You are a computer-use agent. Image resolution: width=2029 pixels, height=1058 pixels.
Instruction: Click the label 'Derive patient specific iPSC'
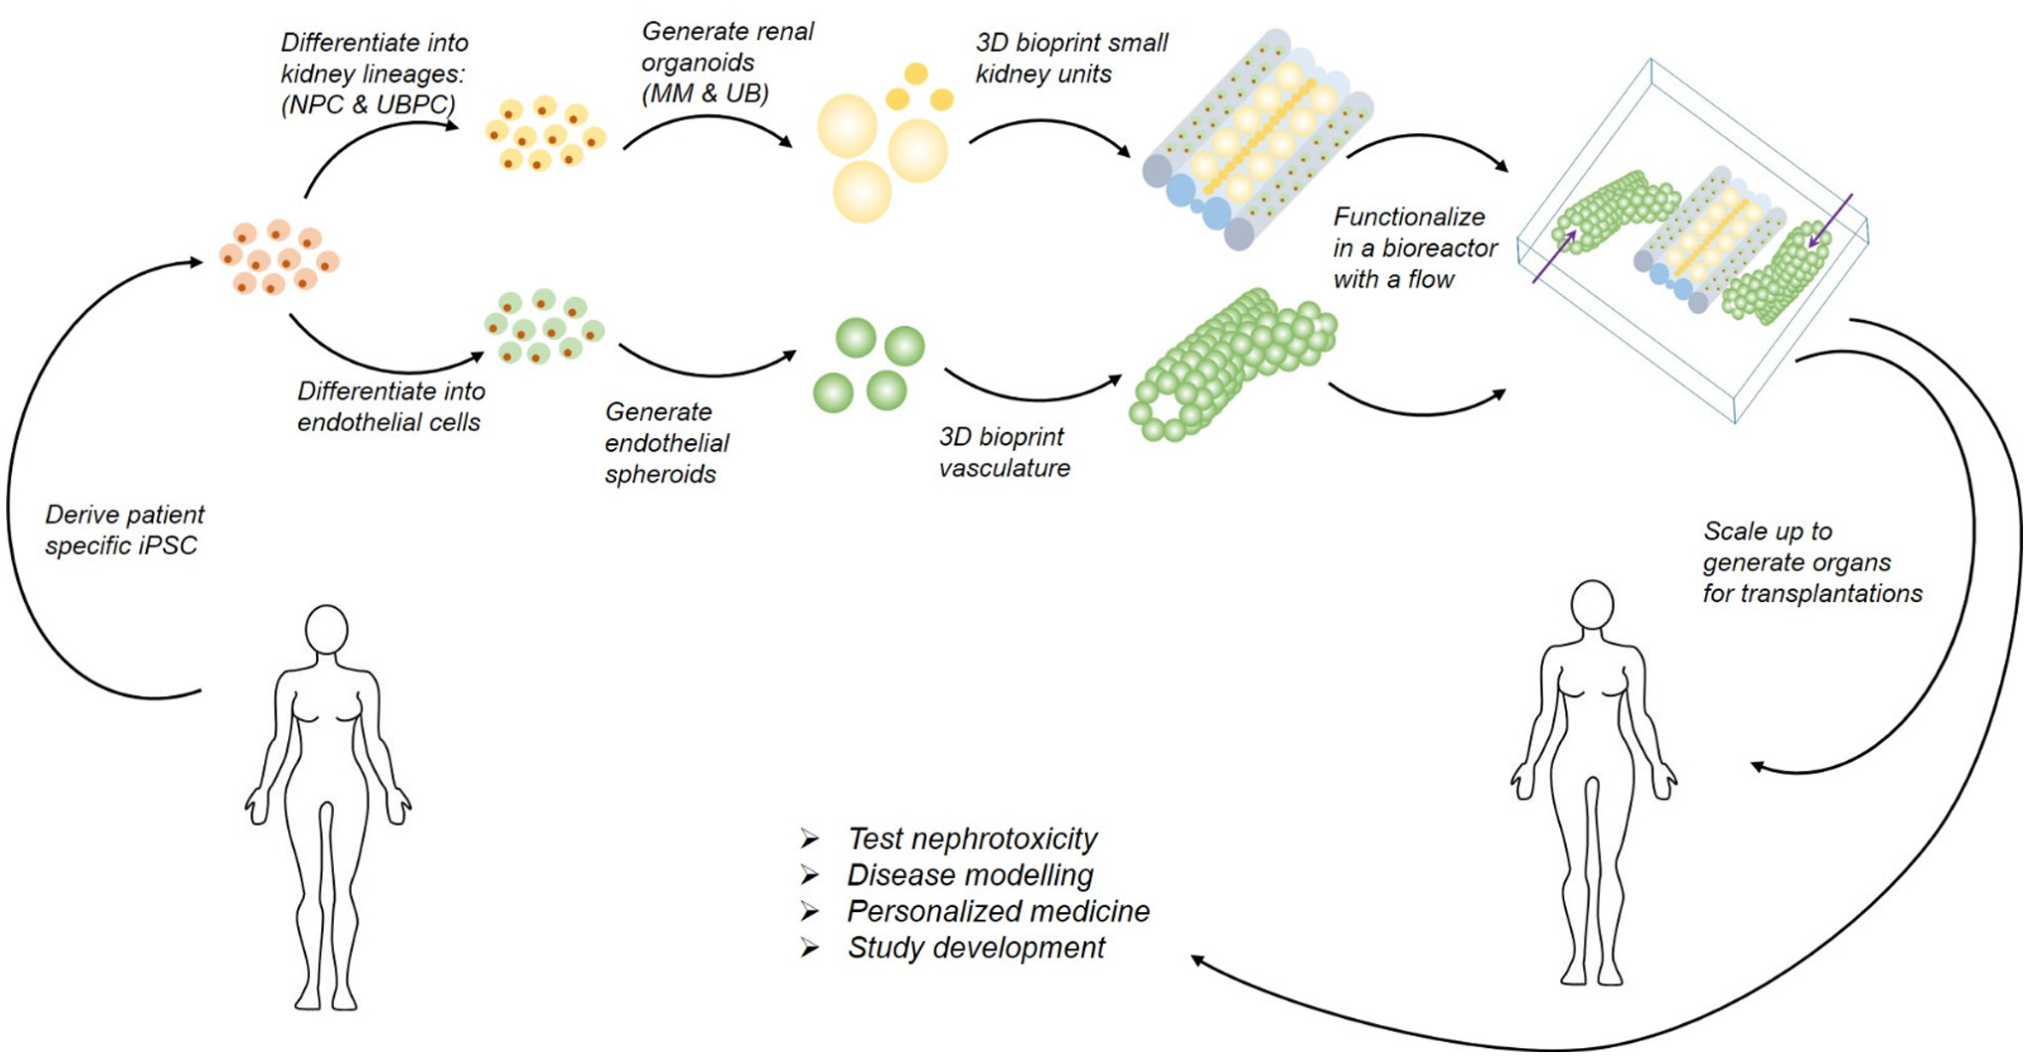click(x=124, y=529)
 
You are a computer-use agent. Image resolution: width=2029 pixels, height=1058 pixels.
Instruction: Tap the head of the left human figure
click(x=326, y=629)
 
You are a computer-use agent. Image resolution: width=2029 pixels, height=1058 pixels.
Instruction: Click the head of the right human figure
click(x=1592, y=605)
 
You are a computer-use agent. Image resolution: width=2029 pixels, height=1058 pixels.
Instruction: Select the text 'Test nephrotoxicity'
click(x=972, y=838)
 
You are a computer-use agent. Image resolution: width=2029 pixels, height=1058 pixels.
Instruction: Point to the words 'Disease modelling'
click(x=970, y=875)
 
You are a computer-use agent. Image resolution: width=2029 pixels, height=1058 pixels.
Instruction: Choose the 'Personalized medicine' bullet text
click(x=998, y=911)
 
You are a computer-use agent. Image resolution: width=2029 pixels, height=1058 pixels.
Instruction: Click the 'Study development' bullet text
click(x=976, y=948)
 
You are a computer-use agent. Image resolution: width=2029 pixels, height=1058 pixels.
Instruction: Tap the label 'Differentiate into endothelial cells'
click(x=390, y=406)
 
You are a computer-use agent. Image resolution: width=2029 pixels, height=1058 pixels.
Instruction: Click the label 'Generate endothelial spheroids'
click(x=667, y=443)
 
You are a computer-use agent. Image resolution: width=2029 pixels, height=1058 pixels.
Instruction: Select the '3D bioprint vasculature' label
click(x=1005, y=452)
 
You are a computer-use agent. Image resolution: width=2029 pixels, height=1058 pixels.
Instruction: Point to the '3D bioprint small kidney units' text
click(x=1071, y=58)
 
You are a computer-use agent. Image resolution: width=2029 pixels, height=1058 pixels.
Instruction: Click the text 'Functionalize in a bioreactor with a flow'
click(x=1414, y=248)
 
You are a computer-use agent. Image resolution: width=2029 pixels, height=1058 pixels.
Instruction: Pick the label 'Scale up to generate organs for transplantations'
click(x=1811, y=562)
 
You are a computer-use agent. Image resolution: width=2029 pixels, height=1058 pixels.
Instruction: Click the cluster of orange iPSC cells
click(x=277, y=257)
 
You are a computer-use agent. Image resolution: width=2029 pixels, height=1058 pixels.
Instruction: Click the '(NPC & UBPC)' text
click(x=368, y=104)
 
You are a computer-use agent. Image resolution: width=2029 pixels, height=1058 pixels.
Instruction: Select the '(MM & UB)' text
click(x=704, y=93)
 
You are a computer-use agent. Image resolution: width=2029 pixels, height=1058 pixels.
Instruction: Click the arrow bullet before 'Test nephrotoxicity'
click(x=810, y=839)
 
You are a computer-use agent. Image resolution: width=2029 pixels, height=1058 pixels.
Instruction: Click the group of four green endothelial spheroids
click(x=868, y=366)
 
